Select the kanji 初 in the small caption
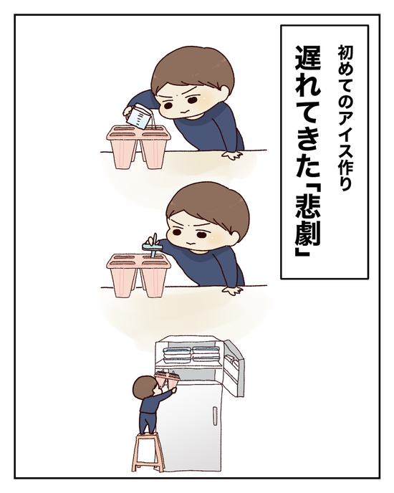pos(345,54)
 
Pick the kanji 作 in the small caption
pos(345,166)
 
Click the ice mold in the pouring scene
pos(138,146)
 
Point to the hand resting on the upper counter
pos(232,155)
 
